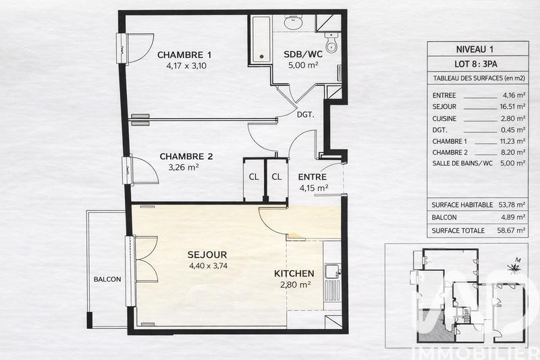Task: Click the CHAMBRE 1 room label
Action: click(x=184, y=55)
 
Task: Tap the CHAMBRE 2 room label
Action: click(x=186, y=156)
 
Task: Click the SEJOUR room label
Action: click(x=207, y=254)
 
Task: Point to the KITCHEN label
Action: click(x=294, y=274)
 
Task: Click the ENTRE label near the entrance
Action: click(x=313, y=176)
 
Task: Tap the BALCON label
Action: click(x=107, y=280)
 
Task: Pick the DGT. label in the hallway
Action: click(x=306, y=115)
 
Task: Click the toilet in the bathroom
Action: click(x=331, y=44)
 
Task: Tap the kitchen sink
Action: click(x=331, y=272)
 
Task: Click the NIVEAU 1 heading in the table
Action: click(x=477, y=49)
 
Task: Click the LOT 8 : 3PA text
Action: click(x=477, y=64)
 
